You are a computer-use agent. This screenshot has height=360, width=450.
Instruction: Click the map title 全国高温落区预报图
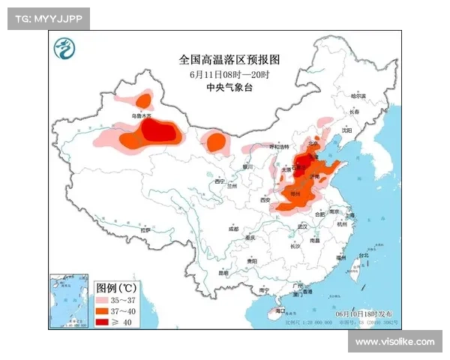(234, 58)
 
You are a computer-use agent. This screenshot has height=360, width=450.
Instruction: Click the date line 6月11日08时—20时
(233, 74)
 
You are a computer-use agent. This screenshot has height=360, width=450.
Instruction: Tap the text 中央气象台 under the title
(233, 88)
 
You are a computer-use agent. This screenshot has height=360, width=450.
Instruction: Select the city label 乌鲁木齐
(142, 116)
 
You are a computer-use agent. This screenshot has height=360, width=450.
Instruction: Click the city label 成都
(233, 229)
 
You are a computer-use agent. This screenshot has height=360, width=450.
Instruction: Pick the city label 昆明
(222, 273)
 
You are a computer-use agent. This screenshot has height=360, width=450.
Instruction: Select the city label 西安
(264, 200)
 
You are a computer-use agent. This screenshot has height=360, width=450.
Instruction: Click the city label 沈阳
(346, 130)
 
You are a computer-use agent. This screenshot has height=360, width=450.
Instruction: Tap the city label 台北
(364, 256)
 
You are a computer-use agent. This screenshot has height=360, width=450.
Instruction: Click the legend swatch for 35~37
(105, 299)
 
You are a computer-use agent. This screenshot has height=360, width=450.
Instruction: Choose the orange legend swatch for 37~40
(105, 310)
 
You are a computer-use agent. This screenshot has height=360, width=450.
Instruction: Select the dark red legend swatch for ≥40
(105, 322)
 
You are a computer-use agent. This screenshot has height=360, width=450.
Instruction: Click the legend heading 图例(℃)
(116, 287)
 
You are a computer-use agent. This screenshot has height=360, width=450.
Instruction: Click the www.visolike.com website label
(394, 342)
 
